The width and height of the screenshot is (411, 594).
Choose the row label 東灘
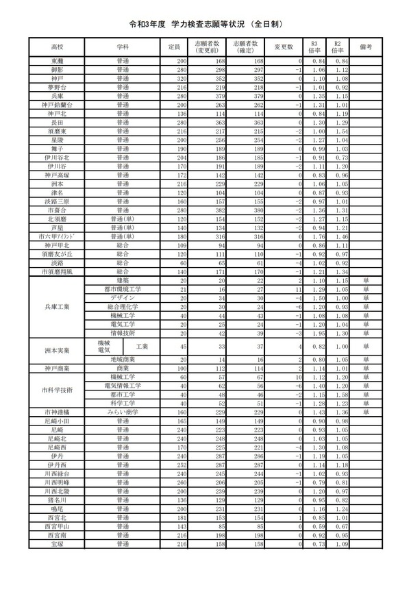point(56,62)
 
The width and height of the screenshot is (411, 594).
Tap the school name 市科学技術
point(56,390)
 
